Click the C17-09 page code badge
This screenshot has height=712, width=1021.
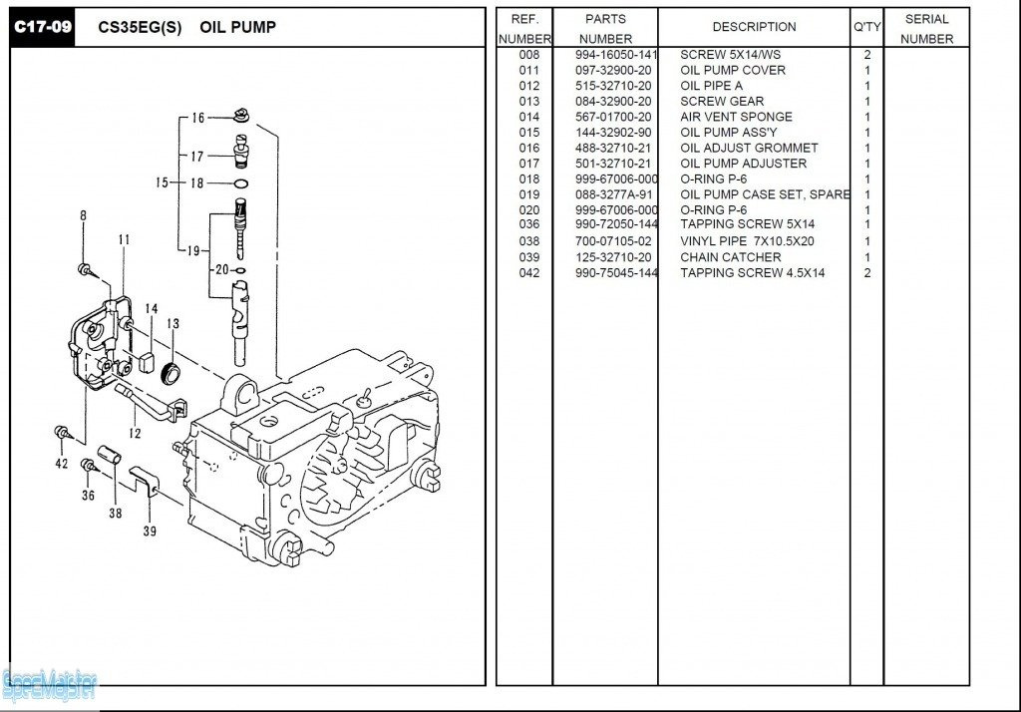42,27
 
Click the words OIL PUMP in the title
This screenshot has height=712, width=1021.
237,27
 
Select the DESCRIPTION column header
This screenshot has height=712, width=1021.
754,27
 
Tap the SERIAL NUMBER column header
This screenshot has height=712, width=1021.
927,29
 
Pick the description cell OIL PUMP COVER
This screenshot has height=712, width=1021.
733,70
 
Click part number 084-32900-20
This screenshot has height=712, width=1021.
613,101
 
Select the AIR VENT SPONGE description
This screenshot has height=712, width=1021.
736,117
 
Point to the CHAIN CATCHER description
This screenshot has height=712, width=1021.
731,257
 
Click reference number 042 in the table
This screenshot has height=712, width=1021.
528,273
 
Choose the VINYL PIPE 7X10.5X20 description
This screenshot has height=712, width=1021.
748,241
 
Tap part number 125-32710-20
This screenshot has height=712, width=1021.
613,257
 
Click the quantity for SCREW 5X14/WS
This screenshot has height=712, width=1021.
867,55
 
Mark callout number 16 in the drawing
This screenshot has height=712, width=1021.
198,119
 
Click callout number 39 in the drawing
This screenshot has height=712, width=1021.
150,532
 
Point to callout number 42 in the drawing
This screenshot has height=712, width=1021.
62,463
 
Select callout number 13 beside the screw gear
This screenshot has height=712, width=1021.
172,323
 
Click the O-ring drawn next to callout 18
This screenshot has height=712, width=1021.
240,183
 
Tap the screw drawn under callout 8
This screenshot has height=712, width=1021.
85,268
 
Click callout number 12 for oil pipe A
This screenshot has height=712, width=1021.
134,434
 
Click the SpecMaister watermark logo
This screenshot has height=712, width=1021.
50,685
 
